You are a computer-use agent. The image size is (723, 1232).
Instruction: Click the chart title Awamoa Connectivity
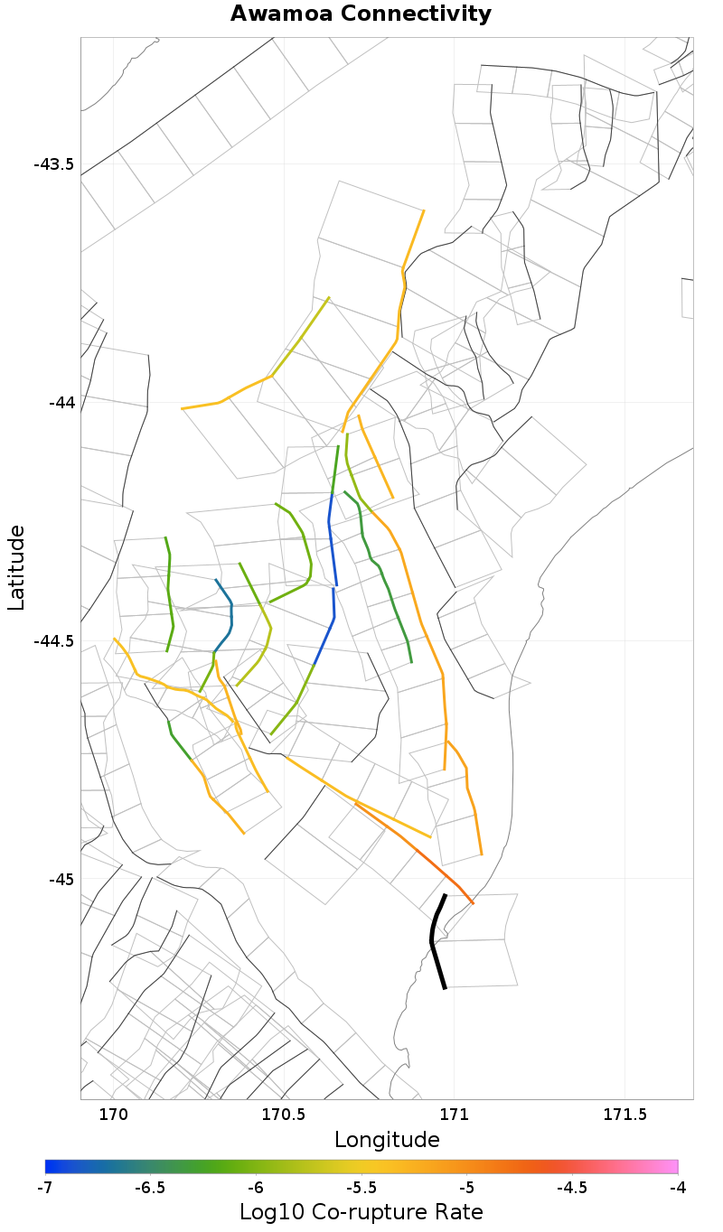point(361,14)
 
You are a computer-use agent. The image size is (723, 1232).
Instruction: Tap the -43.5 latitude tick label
point(54,164)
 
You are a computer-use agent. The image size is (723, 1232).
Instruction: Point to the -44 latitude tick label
point(61,402)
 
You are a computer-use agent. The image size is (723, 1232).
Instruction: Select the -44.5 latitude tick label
point(54,640)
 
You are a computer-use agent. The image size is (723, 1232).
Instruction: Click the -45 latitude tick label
point(61,879)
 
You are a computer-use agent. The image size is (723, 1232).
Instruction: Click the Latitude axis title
point(16,569)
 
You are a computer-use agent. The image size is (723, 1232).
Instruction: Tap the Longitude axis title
point(387,1140)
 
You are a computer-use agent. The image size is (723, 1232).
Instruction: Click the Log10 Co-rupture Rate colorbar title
point(361,1211)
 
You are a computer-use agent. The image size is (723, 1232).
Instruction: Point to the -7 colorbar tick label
point(45,1188)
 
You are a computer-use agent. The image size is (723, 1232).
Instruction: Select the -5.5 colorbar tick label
point(361,1188)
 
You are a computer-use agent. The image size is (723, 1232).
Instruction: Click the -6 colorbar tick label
point(256,1188)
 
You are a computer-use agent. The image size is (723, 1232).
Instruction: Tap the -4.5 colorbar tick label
point(572,1188)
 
